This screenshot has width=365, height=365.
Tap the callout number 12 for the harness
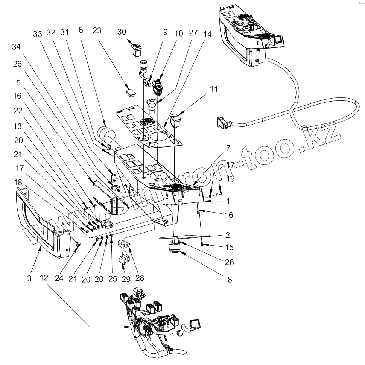point(44,278)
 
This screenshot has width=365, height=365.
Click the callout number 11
point(213,90)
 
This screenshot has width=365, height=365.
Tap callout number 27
point(193,33)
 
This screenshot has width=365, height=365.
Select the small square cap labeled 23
point(131,92)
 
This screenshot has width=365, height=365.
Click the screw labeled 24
point(78,245)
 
